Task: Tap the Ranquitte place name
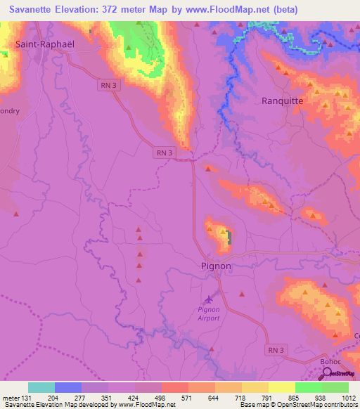(x=282, y=100)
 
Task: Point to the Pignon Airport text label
(x=209, y=313)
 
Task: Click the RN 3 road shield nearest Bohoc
(x=276, y=350)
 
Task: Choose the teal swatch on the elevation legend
(x=41, y=387)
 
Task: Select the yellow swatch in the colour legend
(x=281, y=387)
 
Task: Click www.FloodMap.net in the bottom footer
(x=151, y=405)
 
